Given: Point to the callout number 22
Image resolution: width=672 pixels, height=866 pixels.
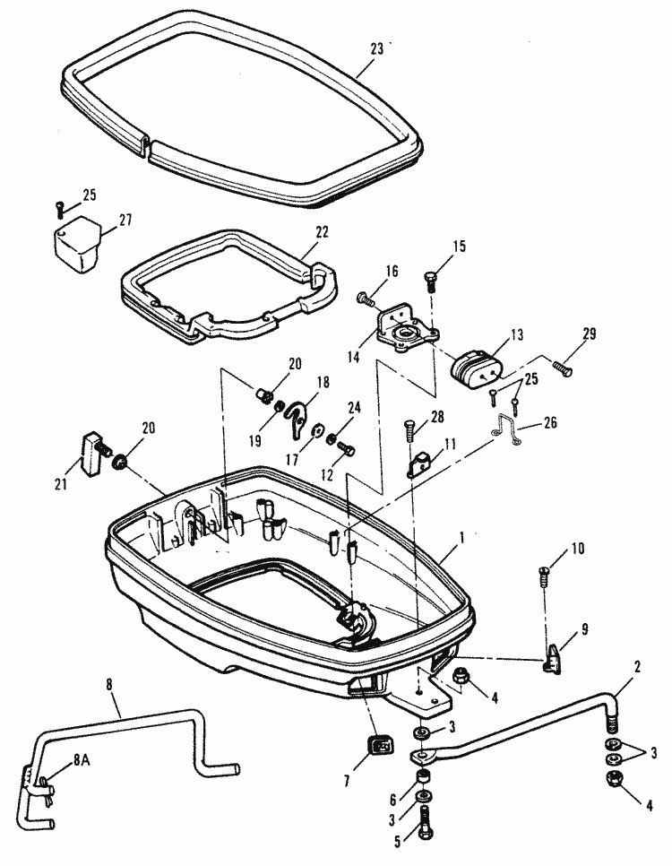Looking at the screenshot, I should pos(322,232).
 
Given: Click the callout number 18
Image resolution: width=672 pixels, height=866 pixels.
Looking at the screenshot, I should pos(323,382).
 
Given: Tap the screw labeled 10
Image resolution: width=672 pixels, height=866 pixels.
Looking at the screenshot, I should pos(547,575).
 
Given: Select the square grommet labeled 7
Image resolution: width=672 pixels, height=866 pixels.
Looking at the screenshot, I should pos(378,744).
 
